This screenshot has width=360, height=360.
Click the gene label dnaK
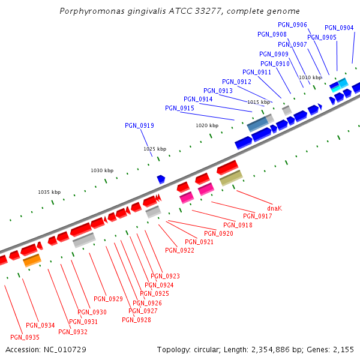(x=274, y=208)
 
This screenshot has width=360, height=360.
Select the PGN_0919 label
(x=139, y=126)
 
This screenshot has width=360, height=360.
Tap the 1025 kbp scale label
(x=155, y=149)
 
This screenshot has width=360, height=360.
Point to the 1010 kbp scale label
(x=310, y=77)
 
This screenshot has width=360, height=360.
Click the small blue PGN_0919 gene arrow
(x=161, y=179)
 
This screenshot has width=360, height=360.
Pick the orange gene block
(x=32, y=260)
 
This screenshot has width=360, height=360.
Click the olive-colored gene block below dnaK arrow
(x=231, y=178)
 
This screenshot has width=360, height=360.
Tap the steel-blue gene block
(x=258, y=124)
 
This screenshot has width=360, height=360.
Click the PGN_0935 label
(x=25, y=337)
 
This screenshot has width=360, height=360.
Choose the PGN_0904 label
(x=339, y=28)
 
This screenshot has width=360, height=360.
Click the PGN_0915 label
(x=179, y=108)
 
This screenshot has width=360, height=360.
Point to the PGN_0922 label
(x=179, y=250)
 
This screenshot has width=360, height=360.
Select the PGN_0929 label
(x=108, y=299)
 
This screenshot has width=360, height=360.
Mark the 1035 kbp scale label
(x=49, y=192)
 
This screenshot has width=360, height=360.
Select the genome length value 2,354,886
(x=271, y=349)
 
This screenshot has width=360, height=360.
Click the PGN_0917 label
(x=257, y=216)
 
